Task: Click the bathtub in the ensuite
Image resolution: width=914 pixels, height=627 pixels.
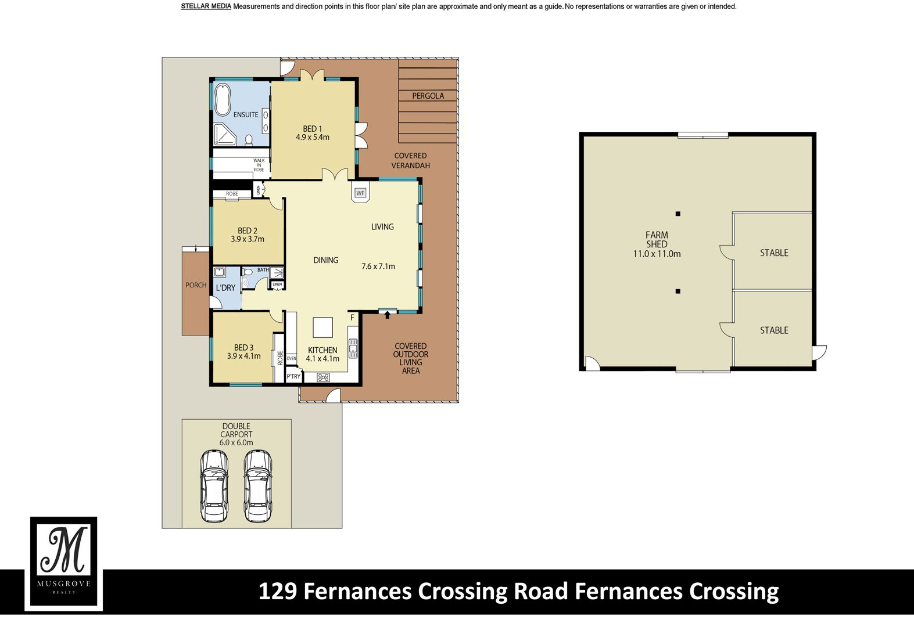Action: click(223, 100)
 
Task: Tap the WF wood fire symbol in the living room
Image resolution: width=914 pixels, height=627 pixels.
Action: click(360, 193)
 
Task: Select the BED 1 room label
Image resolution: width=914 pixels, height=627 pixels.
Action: click(312, 129)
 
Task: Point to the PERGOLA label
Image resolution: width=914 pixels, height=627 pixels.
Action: click(428, 96)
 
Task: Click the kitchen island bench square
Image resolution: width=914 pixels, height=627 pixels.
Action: click(322, 327)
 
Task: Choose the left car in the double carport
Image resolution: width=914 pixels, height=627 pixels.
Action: click(214, 486)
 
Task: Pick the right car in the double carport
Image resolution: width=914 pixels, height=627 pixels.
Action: click(258, 486)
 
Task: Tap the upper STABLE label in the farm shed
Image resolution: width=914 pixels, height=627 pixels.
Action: click(774, 253)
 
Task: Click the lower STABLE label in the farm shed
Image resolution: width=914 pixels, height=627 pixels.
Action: click(774, 330)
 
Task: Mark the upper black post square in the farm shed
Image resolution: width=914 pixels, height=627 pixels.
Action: click(678, 214)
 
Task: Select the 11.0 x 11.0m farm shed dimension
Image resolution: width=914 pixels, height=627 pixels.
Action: click(657, 254)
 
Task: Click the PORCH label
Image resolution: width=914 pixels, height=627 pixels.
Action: click(196, 285)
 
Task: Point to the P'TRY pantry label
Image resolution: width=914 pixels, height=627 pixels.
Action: click(293, 376)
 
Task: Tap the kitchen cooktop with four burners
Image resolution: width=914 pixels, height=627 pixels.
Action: click(323, 377)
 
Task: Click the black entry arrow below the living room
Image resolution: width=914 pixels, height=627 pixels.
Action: click(387, 315)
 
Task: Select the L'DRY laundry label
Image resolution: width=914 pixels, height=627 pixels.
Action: click(225, 288)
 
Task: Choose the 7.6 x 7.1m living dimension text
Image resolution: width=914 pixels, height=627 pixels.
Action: click(378, 266)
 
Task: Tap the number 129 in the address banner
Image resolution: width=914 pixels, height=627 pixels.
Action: click(278, 591)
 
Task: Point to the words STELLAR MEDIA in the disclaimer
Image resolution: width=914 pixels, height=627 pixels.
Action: click(206, 6)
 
